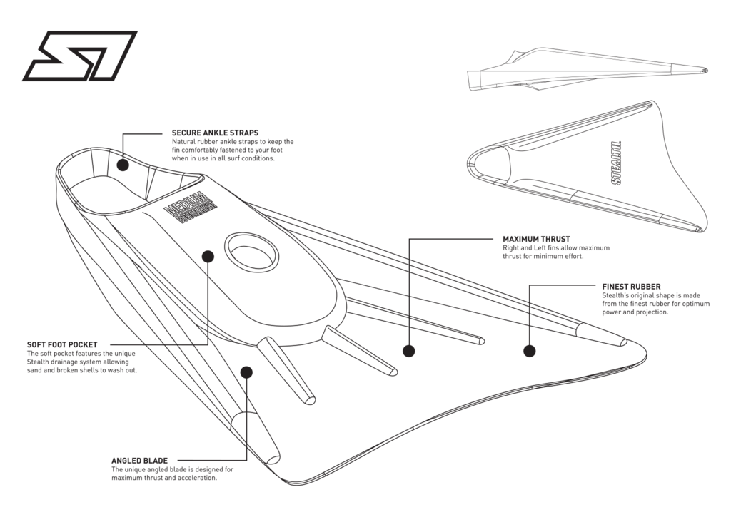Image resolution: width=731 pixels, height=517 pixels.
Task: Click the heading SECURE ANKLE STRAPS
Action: (x=215, y=133)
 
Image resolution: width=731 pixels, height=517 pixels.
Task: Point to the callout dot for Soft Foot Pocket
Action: (x=208, y=255)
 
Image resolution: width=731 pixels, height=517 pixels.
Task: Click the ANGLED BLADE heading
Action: (x=140, y=461)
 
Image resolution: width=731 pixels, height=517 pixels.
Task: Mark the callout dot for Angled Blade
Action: (x=246, y=371)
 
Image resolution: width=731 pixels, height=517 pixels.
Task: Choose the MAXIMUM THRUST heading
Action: (x=536, y=239)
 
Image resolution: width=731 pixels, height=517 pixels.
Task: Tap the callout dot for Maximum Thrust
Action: (x=408, y=351)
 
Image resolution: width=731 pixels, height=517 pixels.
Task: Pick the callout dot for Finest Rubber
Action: (x=529, y=351)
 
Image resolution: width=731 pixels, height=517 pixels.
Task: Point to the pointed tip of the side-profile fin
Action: (x=705, y=70)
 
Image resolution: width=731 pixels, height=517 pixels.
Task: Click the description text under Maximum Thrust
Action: (x=543, y=252)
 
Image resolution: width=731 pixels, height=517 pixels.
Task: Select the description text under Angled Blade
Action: (x=163, y=474)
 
